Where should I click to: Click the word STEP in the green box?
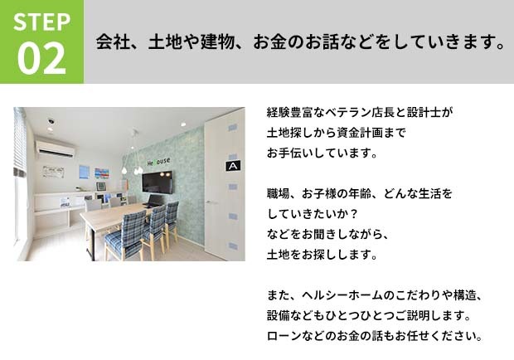click(42, 22)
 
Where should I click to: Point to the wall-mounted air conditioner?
click(55, 148)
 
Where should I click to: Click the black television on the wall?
click(157, 182)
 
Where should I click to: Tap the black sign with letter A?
click(233, 166)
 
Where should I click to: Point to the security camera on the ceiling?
click(51, 121)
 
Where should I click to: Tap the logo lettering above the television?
click(158, 162)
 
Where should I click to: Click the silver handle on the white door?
click(211, 202)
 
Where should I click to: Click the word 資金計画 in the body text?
click(360, 133)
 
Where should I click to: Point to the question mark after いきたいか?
click(353, 214)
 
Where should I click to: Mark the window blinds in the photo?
click(20, 142)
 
